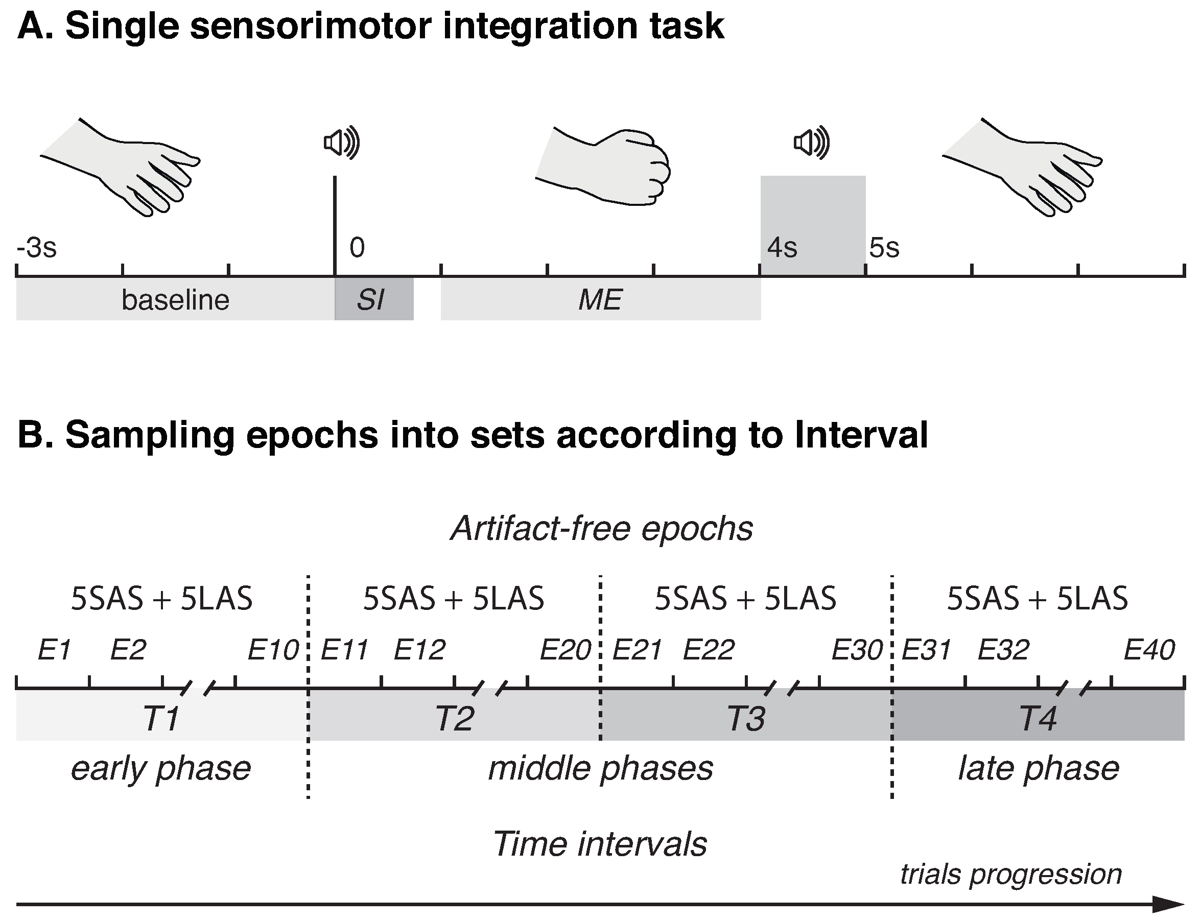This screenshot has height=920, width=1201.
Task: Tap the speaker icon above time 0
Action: pos(341,143)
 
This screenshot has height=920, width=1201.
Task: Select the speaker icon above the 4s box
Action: pos(812,143)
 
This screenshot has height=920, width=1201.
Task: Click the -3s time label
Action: pos(37,248)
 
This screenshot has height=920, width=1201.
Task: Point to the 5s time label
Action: pos(884,248)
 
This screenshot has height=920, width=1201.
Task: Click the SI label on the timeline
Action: pos(371,299)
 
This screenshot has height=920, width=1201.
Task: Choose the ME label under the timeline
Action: pos(600,299)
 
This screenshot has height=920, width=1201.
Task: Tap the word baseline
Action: pos(175,299)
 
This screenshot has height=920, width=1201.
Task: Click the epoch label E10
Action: pos(273,650)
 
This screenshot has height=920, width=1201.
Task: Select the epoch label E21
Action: pos(637,650)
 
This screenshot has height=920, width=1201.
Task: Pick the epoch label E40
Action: pos(1149,650)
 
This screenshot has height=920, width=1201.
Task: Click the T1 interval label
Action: pos(161,718)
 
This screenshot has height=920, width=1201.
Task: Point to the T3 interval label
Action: pos(746,718)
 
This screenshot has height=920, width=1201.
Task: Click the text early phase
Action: pos(161,768)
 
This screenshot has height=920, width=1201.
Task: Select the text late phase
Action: pos(1039,768)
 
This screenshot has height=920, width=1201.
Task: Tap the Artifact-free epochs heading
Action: pos(601,529)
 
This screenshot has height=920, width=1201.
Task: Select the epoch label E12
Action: pos(419,650)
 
